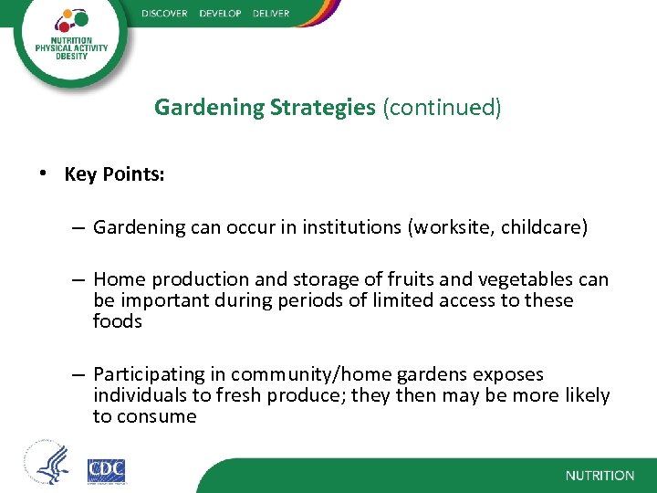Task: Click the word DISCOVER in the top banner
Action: pos(164,13)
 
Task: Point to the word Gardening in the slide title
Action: pos(209,108)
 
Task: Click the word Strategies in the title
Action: pos(322,108)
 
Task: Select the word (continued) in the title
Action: pos(442,108)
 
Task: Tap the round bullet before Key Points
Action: pos(45,174)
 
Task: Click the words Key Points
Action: pos(114,174)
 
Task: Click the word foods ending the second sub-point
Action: pos(118,321)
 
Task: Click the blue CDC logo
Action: pos(106,470)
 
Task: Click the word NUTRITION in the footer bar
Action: pos(600,476)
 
